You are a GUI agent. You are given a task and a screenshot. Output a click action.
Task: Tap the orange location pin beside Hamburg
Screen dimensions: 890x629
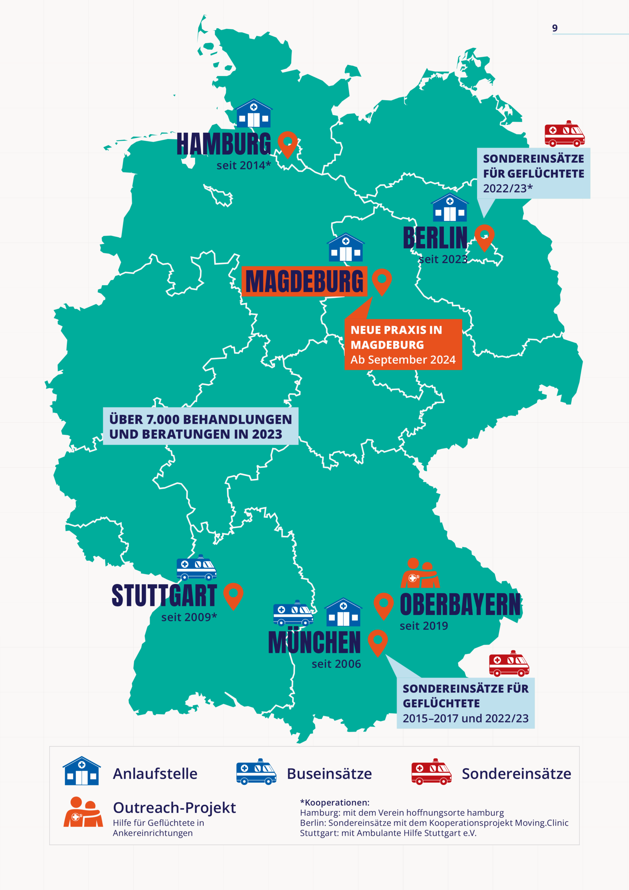click(x=287, y=144)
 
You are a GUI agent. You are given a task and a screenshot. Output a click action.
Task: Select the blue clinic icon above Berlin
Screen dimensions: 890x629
click(x=450, y=208)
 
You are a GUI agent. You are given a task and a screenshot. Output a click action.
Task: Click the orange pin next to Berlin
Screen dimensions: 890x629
click(x=484, y=237)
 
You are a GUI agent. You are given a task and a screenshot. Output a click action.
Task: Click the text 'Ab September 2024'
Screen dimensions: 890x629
click(x=403, y=360)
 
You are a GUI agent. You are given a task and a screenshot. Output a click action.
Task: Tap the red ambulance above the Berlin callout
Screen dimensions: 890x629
click(x=564, y=134)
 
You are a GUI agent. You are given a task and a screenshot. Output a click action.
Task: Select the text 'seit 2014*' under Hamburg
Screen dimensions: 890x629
click(x=243, y=165)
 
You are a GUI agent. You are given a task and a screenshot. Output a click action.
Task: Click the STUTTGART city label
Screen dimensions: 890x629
click(x=164, y=596)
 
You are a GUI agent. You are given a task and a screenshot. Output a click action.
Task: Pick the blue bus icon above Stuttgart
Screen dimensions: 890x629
click(x=196, y=568)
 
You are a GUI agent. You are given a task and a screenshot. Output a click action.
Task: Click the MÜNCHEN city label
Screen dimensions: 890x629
click(x=314, y=643)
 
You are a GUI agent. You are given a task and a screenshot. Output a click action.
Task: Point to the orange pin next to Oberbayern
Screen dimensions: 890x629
click(x=384, y=606)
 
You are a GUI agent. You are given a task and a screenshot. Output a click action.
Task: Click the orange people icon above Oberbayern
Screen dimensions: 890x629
click(x=420, y=574)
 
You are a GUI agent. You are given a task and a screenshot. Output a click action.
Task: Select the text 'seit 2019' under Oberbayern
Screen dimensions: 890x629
click(x=424, y=626)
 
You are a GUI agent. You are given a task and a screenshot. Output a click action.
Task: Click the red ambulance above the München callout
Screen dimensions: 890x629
click(x=509, y=664)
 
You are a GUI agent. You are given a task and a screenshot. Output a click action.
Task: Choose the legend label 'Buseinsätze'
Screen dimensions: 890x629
click(x=329, y=774)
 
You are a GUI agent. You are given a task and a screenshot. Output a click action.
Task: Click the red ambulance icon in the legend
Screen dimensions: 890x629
click(x=431, y=772)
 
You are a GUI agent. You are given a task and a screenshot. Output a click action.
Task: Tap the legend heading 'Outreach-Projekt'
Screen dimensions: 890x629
click(x=174, y=808)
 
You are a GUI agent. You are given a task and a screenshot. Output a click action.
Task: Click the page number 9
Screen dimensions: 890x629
click(x=555, y=28)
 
